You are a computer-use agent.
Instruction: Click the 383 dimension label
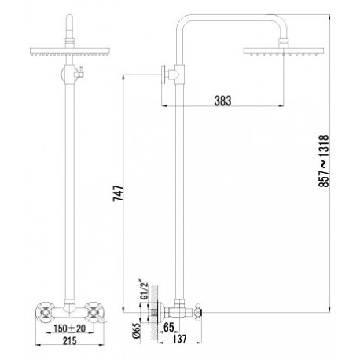(x=222, y=101)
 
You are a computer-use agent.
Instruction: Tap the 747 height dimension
(x=118, y=193)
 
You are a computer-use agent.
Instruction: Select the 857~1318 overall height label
(x=324, y=161)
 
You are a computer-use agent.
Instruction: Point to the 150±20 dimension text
(x=69, y=329)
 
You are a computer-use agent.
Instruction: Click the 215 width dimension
(x=70, y=340)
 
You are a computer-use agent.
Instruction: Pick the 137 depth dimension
(x=179, y=339)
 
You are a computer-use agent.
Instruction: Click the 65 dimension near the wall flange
(x=169, y=327)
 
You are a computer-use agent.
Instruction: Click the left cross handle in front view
(x=46, y=311)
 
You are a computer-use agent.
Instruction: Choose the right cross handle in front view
(x=94, y=311)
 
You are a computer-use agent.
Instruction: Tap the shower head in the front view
(x=70, y=52)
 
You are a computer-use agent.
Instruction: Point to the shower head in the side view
(x=284, y=51)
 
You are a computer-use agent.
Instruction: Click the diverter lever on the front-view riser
(x=80, y=73)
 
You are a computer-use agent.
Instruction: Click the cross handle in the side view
(x=198, y=312)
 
